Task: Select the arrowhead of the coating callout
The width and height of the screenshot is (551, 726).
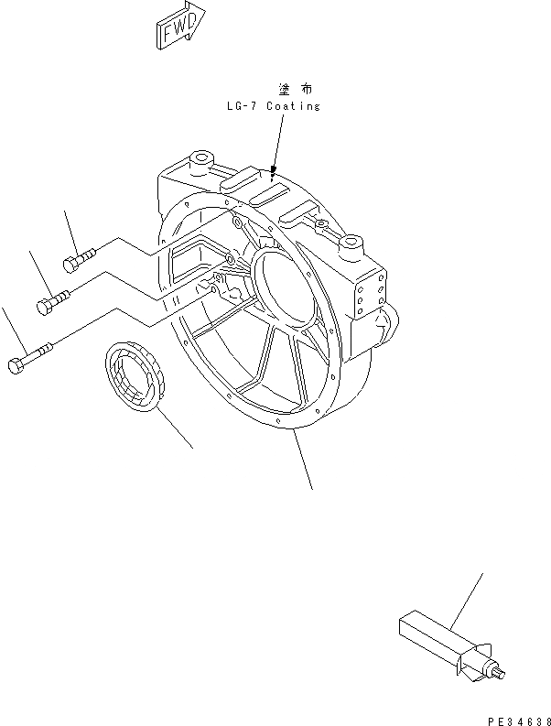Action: [x=273, y=168]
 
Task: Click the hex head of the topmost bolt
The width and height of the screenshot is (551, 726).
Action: [x=70, y=265]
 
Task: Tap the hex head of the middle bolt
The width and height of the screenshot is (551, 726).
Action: [x=45, y=306]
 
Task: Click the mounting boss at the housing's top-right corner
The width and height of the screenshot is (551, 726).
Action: [x=353, y=244]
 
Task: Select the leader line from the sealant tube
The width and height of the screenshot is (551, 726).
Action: [x=467, y=603]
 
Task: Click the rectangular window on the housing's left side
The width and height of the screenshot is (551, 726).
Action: [x=196, y=265]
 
